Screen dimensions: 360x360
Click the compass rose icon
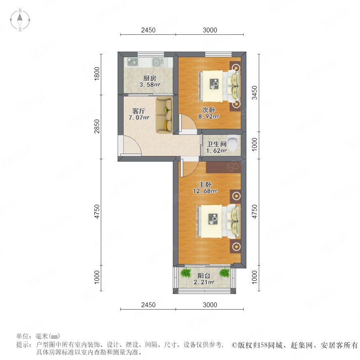point(20,20)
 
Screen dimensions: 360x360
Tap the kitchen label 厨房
point(150,78)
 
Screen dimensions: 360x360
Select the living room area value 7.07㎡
point(139,118)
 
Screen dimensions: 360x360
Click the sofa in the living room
point(164,115)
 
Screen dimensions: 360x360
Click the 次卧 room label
point(208,110)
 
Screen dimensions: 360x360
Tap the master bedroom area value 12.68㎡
point(205,191)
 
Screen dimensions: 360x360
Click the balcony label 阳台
point(204,276)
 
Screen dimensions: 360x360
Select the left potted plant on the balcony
point(186,273)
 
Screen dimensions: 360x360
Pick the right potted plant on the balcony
point(224,273)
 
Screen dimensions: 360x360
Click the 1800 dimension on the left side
point(97,74)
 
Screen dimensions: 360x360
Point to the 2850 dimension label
point(97,126)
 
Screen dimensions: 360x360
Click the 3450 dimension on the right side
point(255,92)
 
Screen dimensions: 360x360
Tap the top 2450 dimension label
point(148,30)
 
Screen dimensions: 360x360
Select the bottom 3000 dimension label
point(210,305)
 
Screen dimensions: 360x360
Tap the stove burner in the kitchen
point(133,62)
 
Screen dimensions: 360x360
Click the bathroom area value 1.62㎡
point(216,151)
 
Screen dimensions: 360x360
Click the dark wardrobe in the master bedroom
point(223,167)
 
